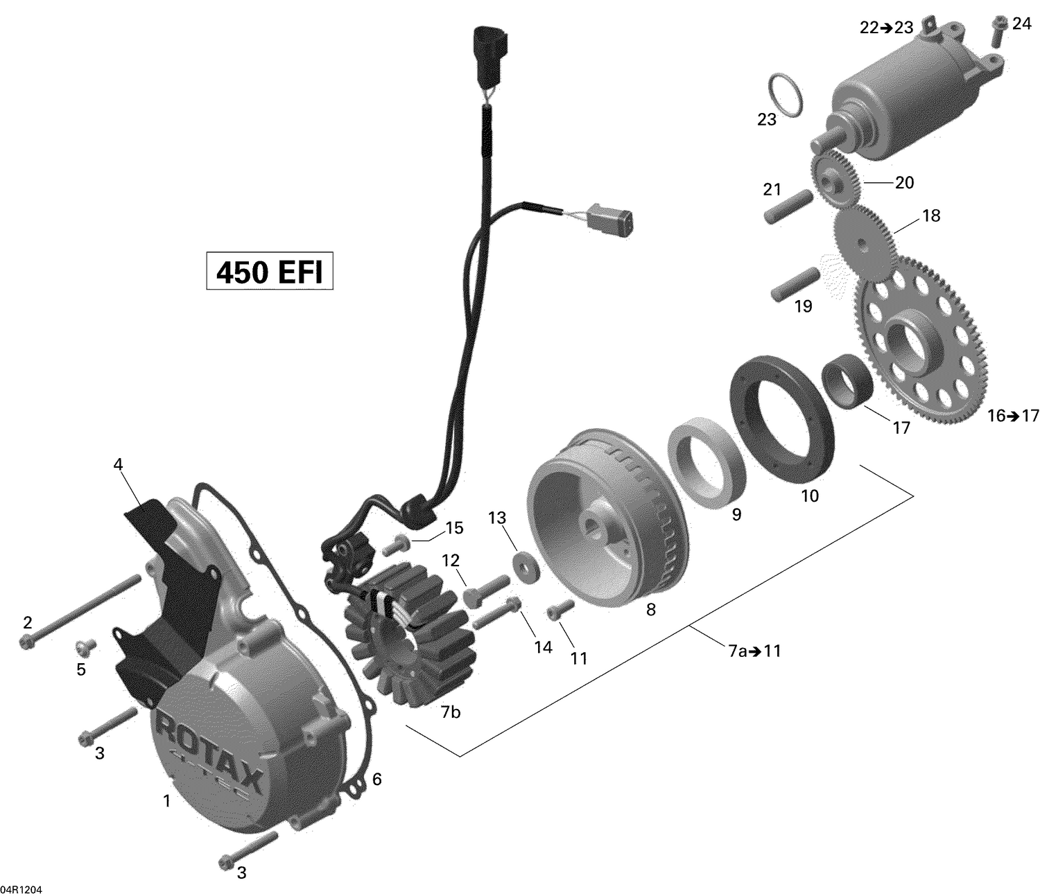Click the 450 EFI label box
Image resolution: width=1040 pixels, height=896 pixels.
[x=270, y=272]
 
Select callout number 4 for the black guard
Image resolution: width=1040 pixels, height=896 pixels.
[x=118, y=464]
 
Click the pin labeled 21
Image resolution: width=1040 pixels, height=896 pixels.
[x=788, y=207]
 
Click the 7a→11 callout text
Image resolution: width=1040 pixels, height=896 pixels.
[x=754, y=651]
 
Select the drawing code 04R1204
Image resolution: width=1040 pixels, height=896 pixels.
[x=21, y=889]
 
